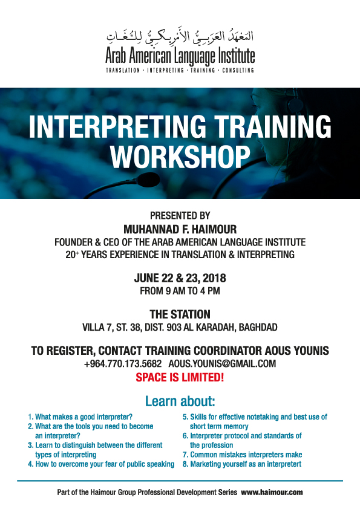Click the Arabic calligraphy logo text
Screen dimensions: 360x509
pos(180,36)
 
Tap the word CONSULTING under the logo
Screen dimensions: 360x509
pos(238,70)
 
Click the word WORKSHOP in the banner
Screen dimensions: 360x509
pos(180,157)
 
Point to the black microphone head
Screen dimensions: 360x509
pos(148,180)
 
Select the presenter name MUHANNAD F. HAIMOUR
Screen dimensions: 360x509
pos(180,230)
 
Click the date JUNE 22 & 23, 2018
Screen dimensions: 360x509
pos(180,278)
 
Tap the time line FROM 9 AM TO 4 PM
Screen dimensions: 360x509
pos(180,291)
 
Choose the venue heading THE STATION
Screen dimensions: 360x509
pos(180,314)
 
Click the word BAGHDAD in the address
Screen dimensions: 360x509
pos(258,327)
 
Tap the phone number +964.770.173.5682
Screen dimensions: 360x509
pos(123,363)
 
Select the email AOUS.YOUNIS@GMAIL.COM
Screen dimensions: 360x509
pos(222,363)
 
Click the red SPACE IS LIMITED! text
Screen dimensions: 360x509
pos(180,378)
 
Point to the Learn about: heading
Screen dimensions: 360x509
pos(180,401)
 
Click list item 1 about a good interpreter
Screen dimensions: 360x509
pos(80,417)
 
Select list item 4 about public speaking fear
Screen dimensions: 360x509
pos(101,464)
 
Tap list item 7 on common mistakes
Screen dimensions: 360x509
pos(243,455)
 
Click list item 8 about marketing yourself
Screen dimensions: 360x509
pos(242,464)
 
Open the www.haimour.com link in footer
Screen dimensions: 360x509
pos(272,493)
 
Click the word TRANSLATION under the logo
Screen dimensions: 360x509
pos(123,70)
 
